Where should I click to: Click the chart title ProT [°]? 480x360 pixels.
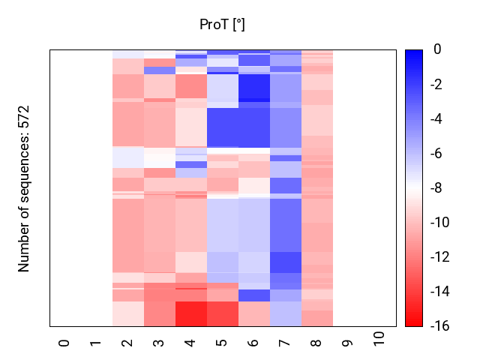point(222,25)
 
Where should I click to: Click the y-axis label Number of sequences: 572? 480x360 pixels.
point(24,188)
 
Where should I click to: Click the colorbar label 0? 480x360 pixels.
point(437,50)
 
